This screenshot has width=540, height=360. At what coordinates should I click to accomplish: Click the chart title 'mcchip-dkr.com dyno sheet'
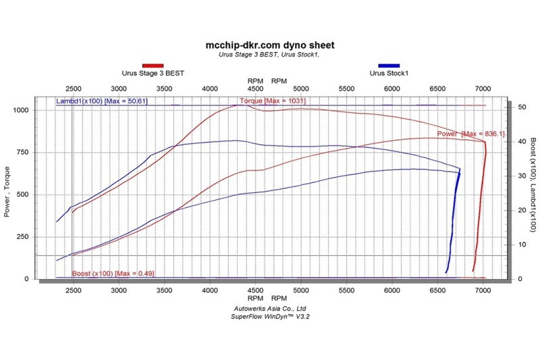point(269,45)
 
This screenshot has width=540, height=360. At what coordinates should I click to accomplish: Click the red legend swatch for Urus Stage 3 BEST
point(153,66)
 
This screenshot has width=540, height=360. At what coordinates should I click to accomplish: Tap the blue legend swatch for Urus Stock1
point(389,66)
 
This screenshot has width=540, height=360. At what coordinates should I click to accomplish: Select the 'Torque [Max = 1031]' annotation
point(273,101)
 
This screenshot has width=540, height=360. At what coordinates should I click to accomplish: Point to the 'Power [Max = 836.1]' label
point(470,134)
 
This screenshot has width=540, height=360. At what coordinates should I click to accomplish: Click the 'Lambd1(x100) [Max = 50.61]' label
point(102,101)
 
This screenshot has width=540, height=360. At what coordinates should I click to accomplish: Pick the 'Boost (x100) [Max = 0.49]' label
point(113,274)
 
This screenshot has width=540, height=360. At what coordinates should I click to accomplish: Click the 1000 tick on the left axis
point(21,110)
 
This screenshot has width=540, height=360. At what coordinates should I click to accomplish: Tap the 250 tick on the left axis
point(23,237)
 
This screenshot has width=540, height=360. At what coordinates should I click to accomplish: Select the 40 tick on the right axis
point(522,142)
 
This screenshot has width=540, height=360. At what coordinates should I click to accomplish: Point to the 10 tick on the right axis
point(522,245)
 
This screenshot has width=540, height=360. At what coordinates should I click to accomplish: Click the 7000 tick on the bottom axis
point(483,290)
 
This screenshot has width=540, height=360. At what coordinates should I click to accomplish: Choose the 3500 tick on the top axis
point(164,89)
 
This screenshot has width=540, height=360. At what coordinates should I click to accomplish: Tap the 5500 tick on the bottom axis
point(346,290)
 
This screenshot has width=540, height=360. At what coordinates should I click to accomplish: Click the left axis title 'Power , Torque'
point(7,192)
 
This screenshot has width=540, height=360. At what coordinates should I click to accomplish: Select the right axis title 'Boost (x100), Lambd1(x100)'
point(533,184)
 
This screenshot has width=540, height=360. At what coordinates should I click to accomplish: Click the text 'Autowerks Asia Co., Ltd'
point(270,309)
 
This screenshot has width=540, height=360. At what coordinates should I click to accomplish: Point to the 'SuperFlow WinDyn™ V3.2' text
point(270,317)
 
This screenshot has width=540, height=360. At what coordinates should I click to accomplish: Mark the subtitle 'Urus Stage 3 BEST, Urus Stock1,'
point(269,55)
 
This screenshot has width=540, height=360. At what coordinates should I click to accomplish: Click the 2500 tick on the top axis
point(74,89)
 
